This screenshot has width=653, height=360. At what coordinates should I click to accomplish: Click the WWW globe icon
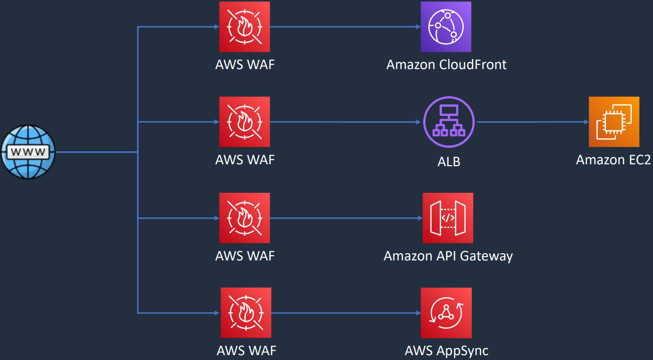pyautogui.click(x=28, y=152)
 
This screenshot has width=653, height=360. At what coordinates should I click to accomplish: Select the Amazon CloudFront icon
pyautogui.click(x=446, y=27)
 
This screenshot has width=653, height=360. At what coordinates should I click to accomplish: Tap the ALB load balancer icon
pyautogui.click(x=449, y=122)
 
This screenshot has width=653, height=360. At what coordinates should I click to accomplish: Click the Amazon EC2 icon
pyautogui.click(x=614, y=122)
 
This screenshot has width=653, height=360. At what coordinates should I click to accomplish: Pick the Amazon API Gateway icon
pyautogui.click(x=448, y=218)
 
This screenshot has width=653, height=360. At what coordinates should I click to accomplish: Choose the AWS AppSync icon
pyautogui.click(x=446, y=313)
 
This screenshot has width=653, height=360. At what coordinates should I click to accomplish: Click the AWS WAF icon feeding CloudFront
pyautogui.click(x=244, y=27)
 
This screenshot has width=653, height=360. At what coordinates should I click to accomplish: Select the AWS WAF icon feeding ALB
pyautogui.click(x=244, y=122)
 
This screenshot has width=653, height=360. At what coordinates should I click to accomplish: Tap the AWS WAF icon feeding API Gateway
pyautogui.click(x=244, y=218)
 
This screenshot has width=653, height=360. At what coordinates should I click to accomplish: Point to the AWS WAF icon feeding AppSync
pyautogui.click(x=246, y=313)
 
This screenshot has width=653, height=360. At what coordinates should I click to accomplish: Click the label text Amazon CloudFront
pyautogui.click(x=446, y=64)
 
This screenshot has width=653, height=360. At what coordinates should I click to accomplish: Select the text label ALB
pyautogui.click(x=448, y=161)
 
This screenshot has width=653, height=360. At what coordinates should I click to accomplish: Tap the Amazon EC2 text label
pyautogui.click(x=613, y=159)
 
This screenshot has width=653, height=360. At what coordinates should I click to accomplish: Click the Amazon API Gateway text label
pyautogui.click(x=448, y=256)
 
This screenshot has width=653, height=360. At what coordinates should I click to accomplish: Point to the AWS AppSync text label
pyautogui.click(x=446, y=351)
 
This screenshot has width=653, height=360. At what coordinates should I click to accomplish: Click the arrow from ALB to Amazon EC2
pyautogui.click(x=531, y=122)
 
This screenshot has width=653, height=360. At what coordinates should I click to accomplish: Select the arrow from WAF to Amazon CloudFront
pyautogui.click(x=345, y=27)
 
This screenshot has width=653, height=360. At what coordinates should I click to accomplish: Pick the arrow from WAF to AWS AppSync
pyautogui.click(x=345, y=313)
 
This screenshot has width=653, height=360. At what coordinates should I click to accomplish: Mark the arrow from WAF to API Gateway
pyautogui.click(x=346, y=218)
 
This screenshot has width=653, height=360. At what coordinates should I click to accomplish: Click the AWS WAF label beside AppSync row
pyautogui.click(x=246, y=351)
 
